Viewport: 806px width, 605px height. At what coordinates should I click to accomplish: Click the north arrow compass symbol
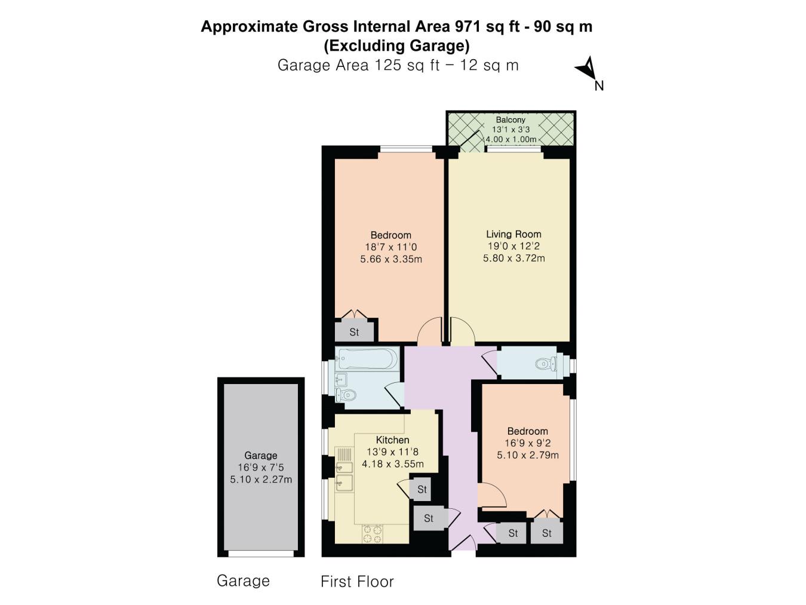click(x=586, y=68)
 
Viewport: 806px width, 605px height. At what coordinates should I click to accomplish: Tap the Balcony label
click(x=510, y=119)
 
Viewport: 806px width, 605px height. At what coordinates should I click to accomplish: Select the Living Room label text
click(x=513, y=234)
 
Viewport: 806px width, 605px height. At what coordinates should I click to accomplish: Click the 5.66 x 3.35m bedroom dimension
click(x=391, y=259)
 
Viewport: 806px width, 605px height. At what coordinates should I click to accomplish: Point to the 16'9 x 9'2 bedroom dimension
click(x=527, y=443)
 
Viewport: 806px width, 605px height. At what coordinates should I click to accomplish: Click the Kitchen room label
click(x=392, y=440)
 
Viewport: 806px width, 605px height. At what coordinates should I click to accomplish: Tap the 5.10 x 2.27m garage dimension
click(x=261, y=479)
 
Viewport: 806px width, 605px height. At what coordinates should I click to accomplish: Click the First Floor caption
click(x=357, y=581)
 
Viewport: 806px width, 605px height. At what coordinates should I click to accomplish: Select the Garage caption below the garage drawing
click(x=243, y=581)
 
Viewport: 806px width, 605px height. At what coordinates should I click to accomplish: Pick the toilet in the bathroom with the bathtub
click(x=346, y=394)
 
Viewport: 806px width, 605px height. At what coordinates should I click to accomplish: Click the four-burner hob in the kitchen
click(x=373, y=533)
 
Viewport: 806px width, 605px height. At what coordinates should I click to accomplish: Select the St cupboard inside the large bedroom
click(x=354, y=332)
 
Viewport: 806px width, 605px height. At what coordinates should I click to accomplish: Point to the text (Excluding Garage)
click(x=396, y=45)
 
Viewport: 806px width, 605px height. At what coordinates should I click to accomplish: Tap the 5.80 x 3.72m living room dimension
click(x=513, y=258)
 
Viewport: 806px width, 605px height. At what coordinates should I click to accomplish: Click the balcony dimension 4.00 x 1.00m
click(x=510, y=139)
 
